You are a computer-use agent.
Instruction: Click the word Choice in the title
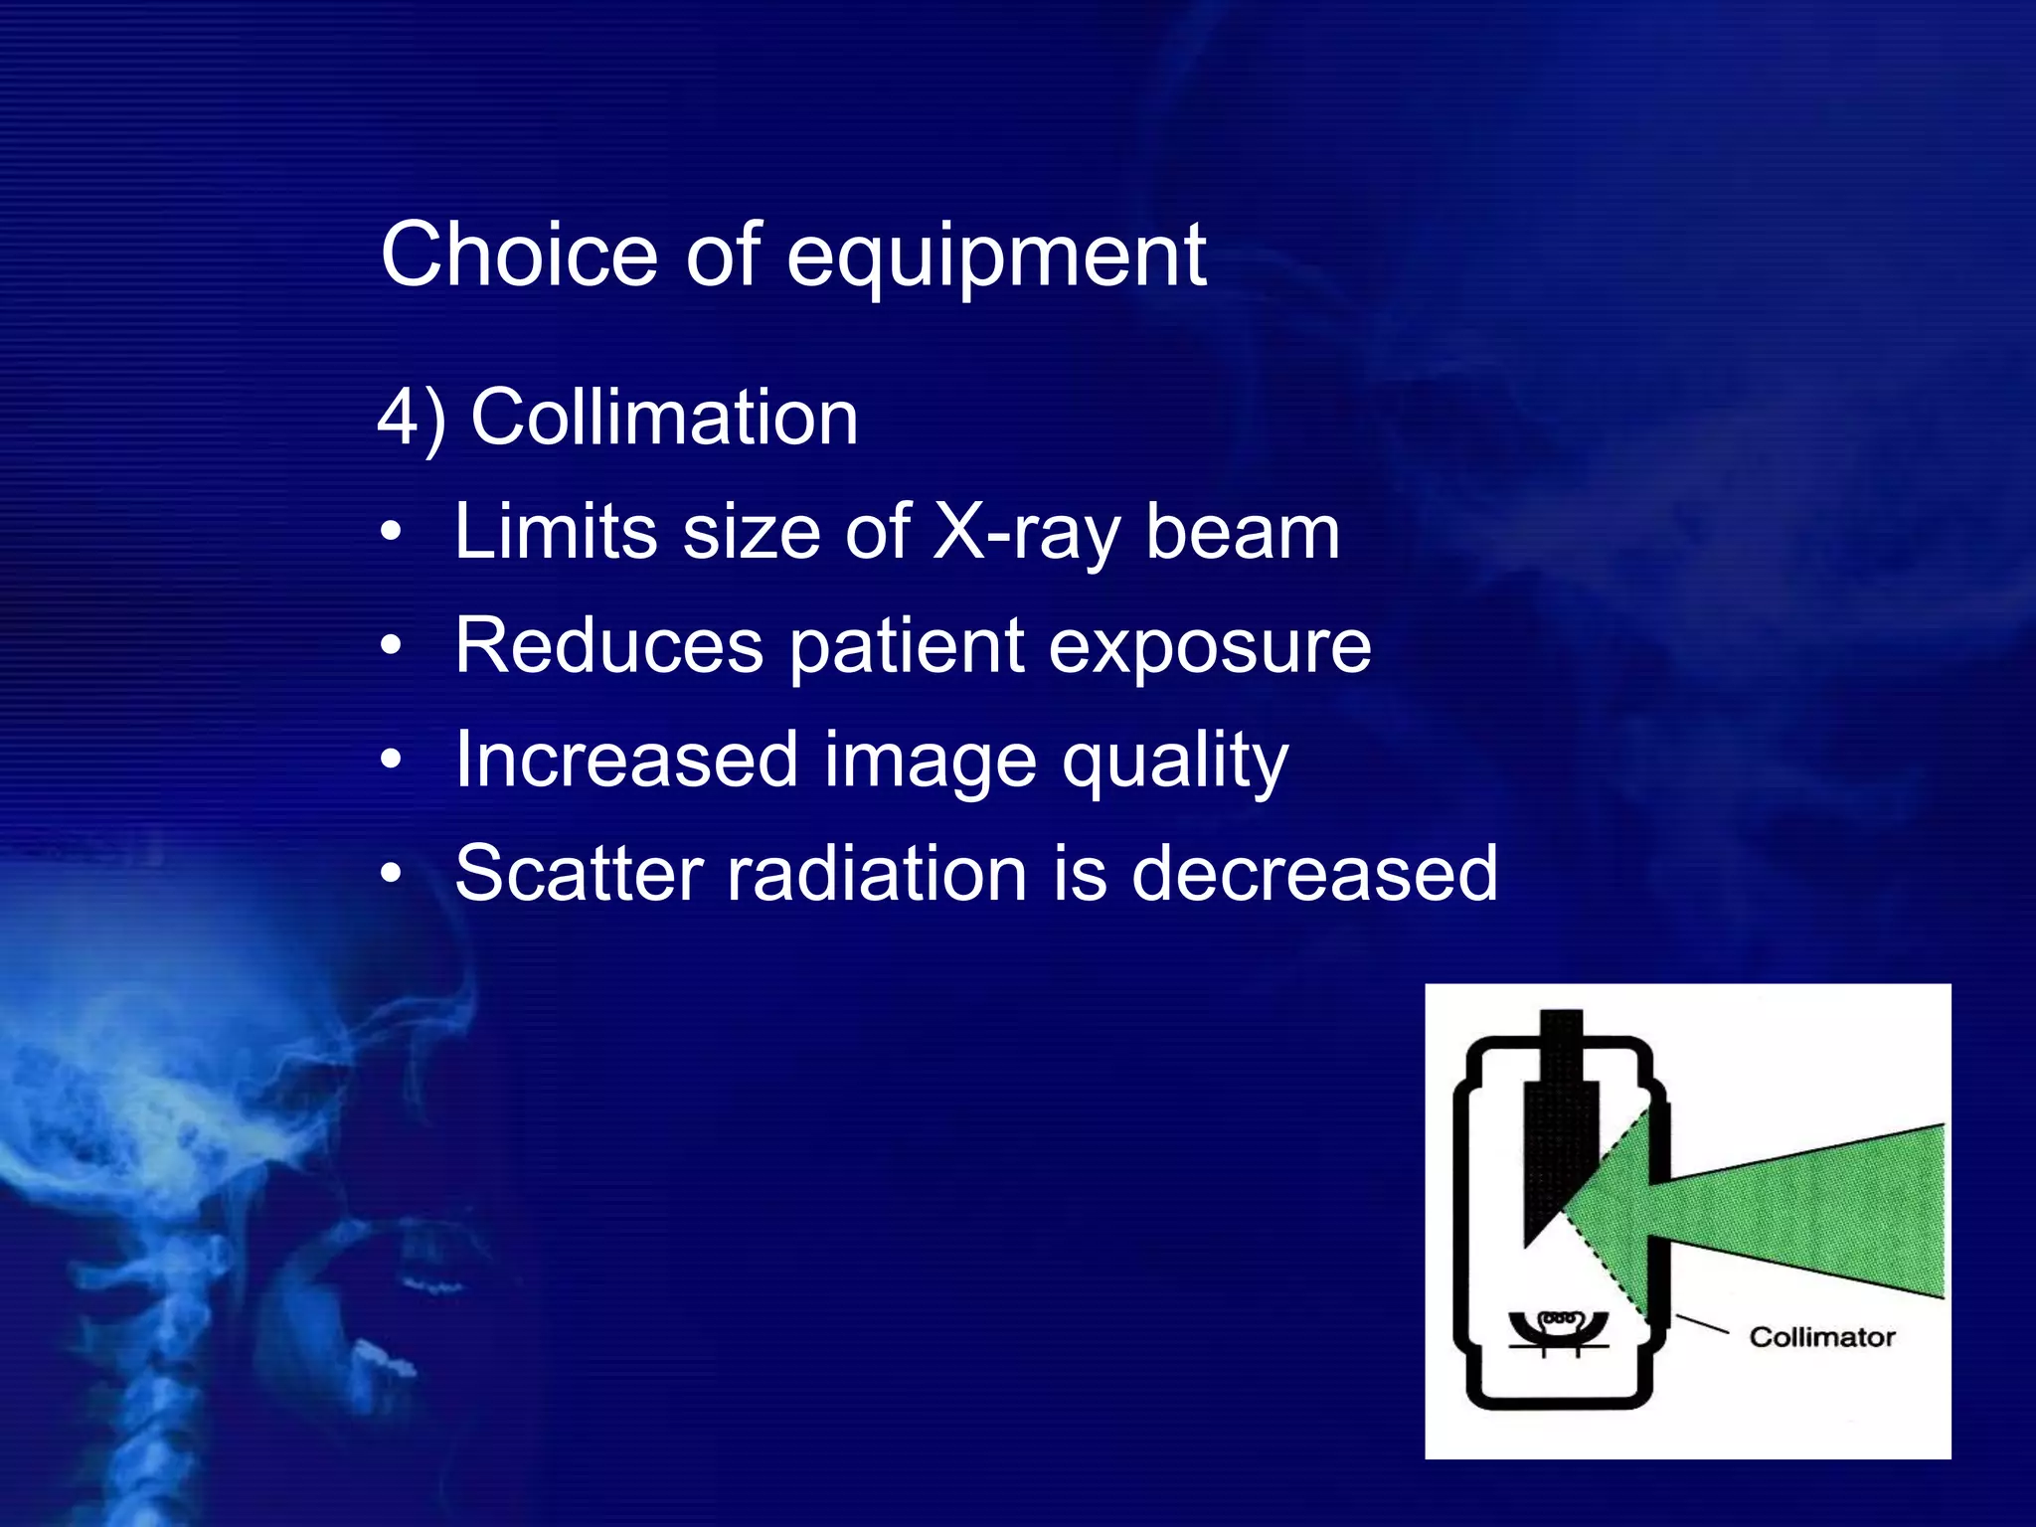pos(518,255)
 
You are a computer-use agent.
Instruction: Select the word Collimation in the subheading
pos(664,418)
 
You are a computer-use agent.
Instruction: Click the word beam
pos(1243,533)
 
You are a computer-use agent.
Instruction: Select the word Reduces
pos(609,646)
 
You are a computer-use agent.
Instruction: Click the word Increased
pos(627,761)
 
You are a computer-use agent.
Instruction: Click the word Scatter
pos(580,874)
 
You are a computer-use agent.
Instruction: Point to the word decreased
pos(1313,874)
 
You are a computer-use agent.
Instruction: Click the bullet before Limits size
pos(392,534)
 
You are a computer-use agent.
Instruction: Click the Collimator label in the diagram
pos(1821,1337)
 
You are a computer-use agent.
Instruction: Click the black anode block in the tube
pos(1559,1143)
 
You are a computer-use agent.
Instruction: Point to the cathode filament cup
pos(1558,1328)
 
